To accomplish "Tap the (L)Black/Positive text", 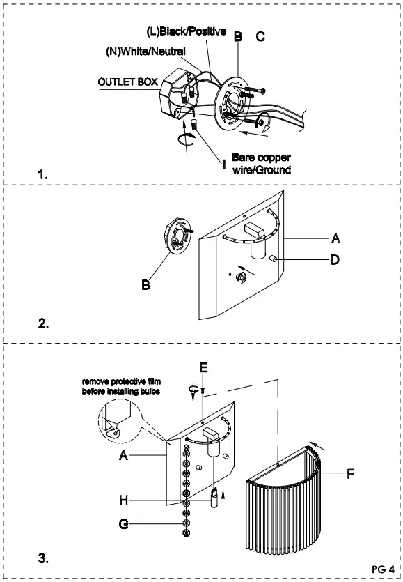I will point(187,32).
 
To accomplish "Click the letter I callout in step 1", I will point(224,164).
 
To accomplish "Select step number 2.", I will point(44,323).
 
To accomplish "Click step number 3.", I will point(44,558).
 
